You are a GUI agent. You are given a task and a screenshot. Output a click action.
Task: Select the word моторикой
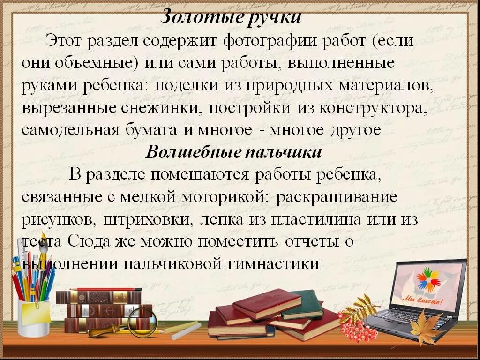pos(224,197)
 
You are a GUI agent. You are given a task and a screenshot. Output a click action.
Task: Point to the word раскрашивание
pos(337,197)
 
